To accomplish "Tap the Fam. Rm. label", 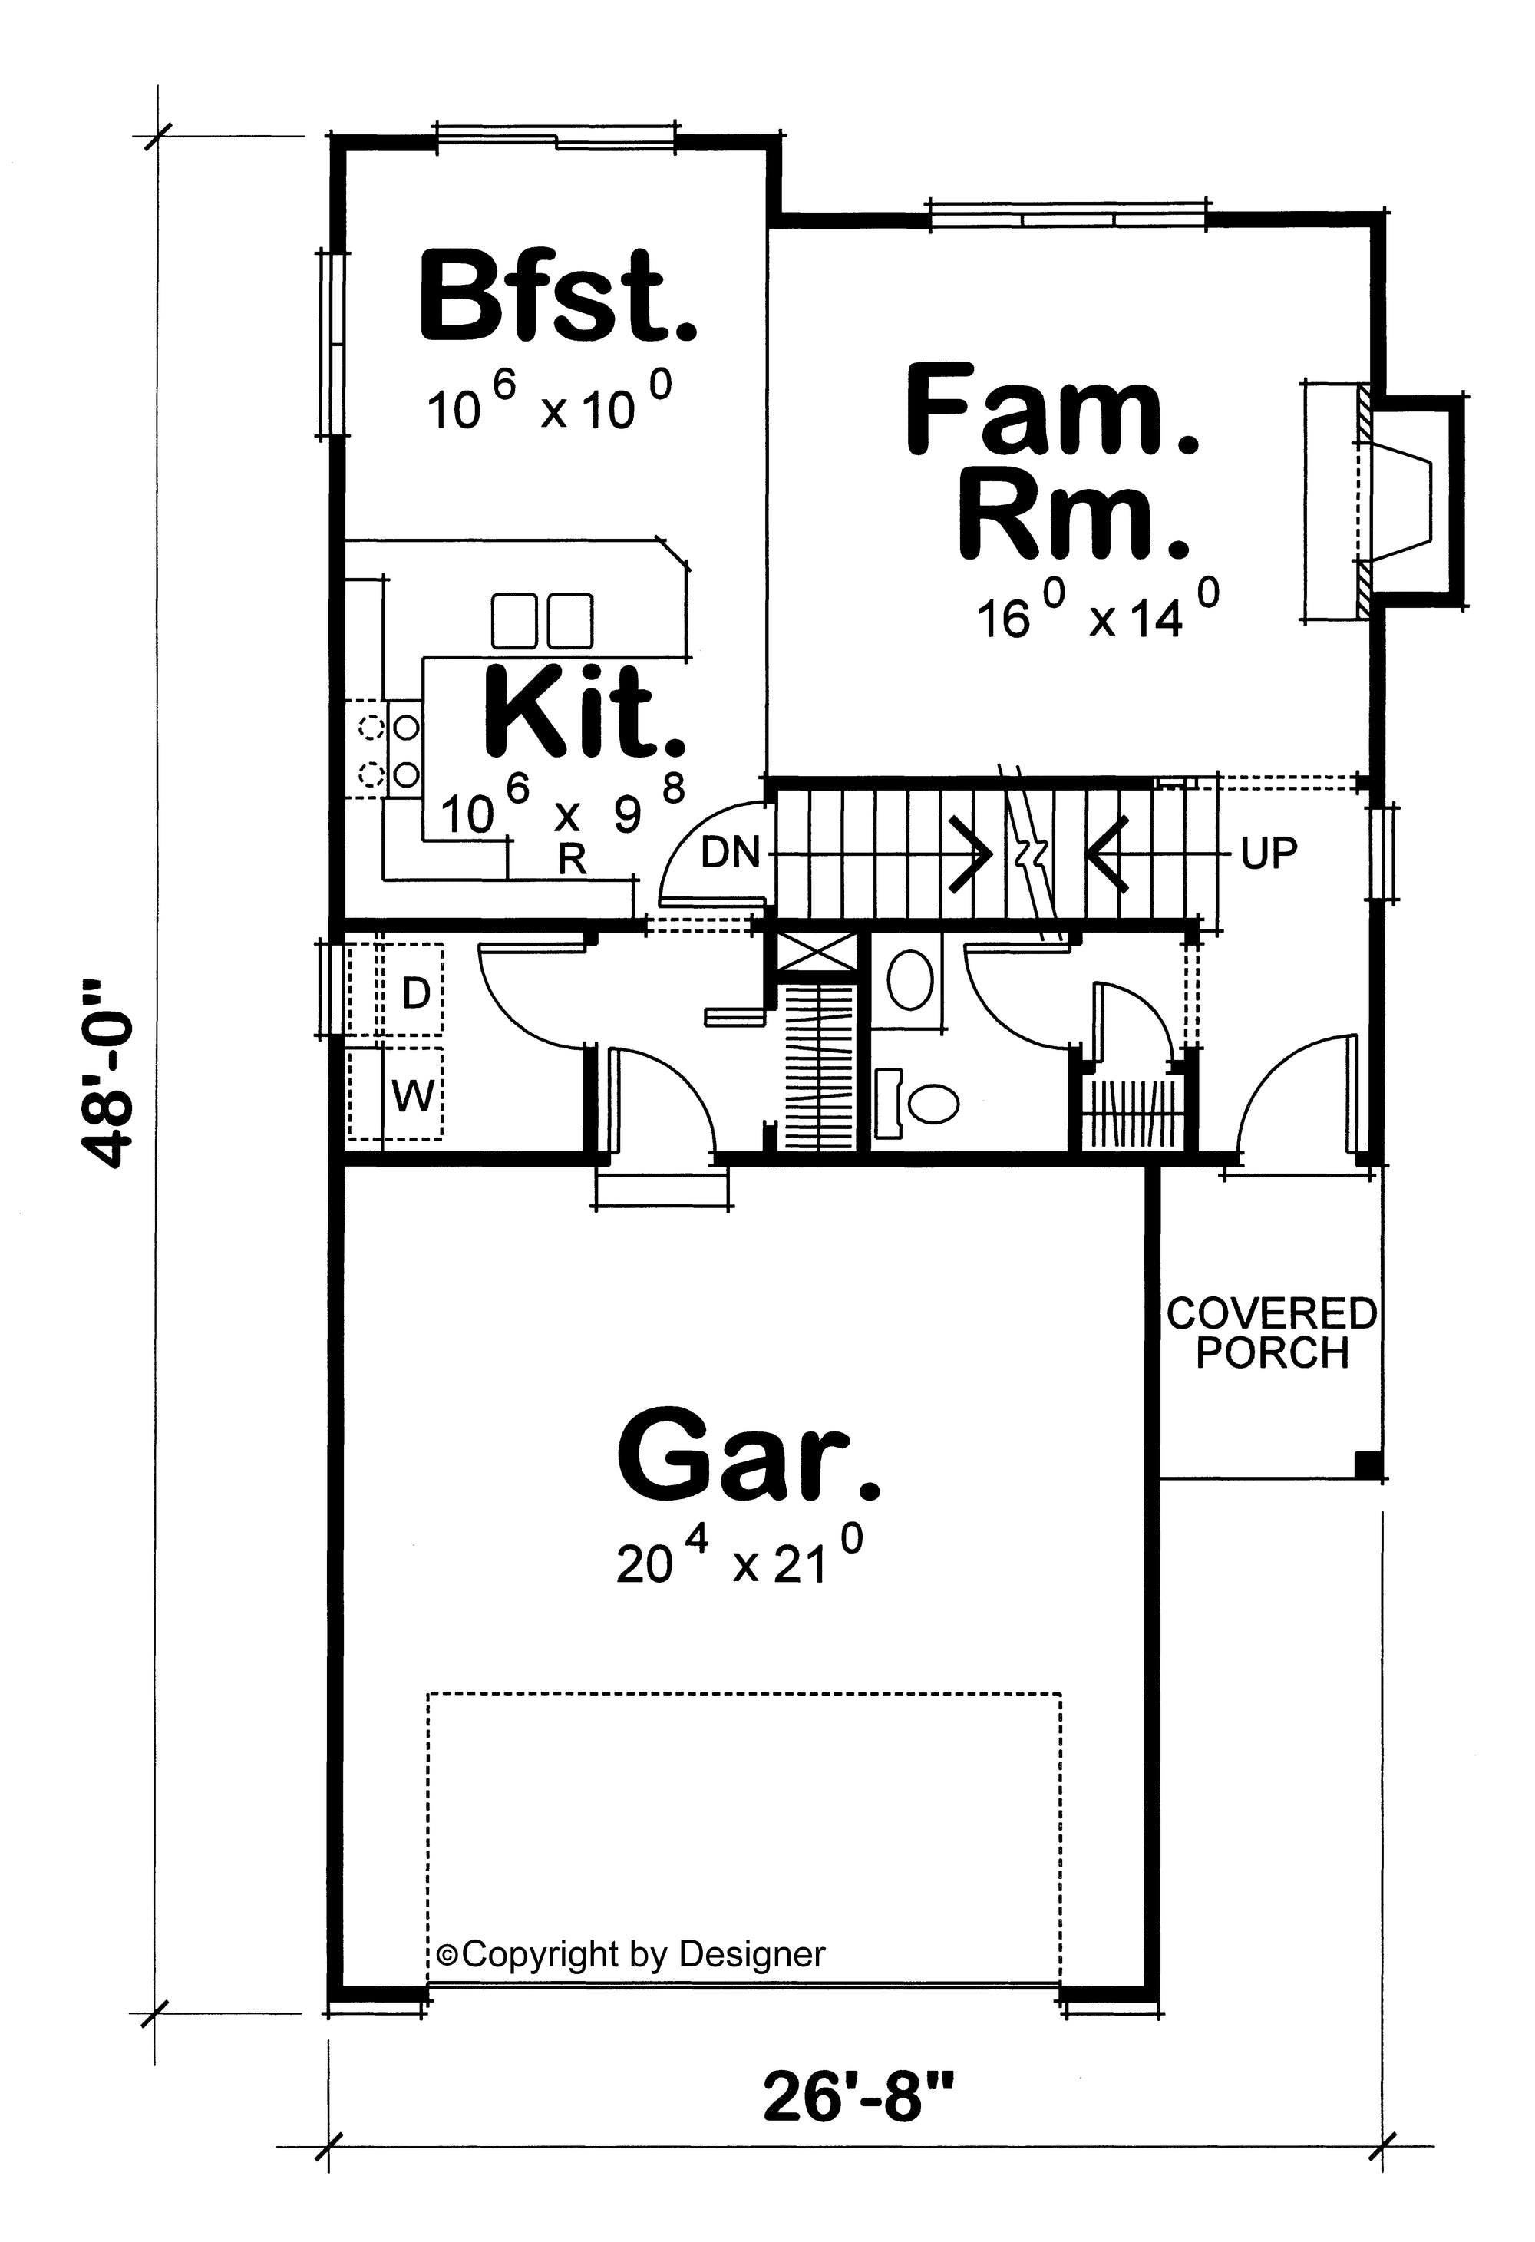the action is pyautogui.click(x=1051, y=461).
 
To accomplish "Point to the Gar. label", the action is pyautogui.click(x=748, y=1456).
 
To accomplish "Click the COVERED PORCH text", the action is pyautogui.click(x=1272, y=1333).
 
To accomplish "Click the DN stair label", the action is pyautogui.click(x=731, y=853).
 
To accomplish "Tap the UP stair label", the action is pyautogui.click(x=1269, y=853).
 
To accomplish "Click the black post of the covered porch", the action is pyautogui.click(x=1368, y=1464).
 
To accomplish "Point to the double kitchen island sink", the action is pyautogui.click(x=541, y=620).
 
